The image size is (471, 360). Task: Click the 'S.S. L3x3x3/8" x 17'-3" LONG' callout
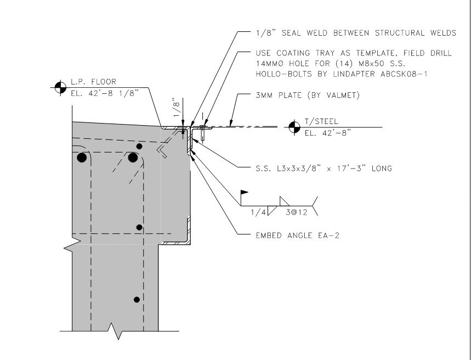click(x=324, y=168)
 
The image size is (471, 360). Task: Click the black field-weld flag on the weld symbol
click(x=245, y=193)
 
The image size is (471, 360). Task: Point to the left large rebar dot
click(x=82, y=158)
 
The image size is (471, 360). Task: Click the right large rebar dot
click(x=132, y=158)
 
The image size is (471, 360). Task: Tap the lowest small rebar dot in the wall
click(x=137, y=299)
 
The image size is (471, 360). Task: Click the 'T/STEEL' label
click(x=319, y=122)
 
